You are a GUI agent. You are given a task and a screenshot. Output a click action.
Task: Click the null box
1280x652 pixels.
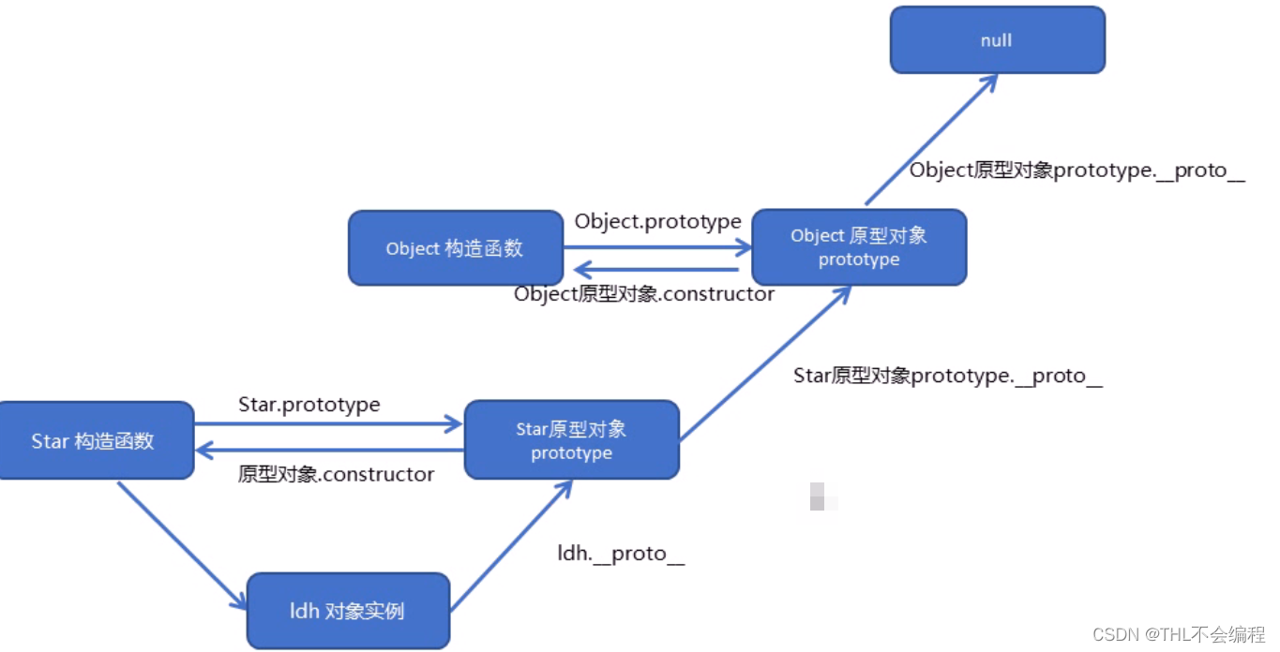pos(997,40)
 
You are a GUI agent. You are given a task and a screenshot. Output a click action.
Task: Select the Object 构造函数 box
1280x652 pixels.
pos(455,248)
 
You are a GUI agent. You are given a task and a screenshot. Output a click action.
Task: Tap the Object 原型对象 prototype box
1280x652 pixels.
pos(859,247)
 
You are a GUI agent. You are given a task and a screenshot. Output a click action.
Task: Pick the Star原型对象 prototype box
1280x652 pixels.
pos(571,441)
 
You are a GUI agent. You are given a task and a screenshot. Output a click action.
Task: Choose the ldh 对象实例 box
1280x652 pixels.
pos(348,611)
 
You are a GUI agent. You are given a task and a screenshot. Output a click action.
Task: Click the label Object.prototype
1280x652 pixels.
pos(657,221)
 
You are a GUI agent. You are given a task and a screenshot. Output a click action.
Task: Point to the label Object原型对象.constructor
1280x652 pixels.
pos(644,294)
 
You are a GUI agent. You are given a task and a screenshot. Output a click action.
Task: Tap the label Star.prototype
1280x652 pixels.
pos(309,405)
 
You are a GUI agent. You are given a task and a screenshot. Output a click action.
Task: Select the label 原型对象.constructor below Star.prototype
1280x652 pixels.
pos(336,475)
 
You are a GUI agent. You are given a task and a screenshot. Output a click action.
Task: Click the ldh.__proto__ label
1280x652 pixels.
pos(621,554)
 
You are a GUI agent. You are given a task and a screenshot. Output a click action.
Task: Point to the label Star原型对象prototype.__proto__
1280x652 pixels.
pos(947,377)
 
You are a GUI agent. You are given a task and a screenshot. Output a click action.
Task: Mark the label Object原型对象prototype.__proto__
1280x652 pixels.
pos(1077,171)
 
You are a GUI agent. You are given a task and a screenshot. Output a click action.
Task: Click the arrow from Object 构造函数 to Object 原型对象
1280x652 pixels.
pos(656,248)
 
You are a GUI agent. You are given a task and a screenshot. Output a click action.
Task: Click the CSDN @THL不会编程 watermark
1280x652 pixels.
pos(1179,635)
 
